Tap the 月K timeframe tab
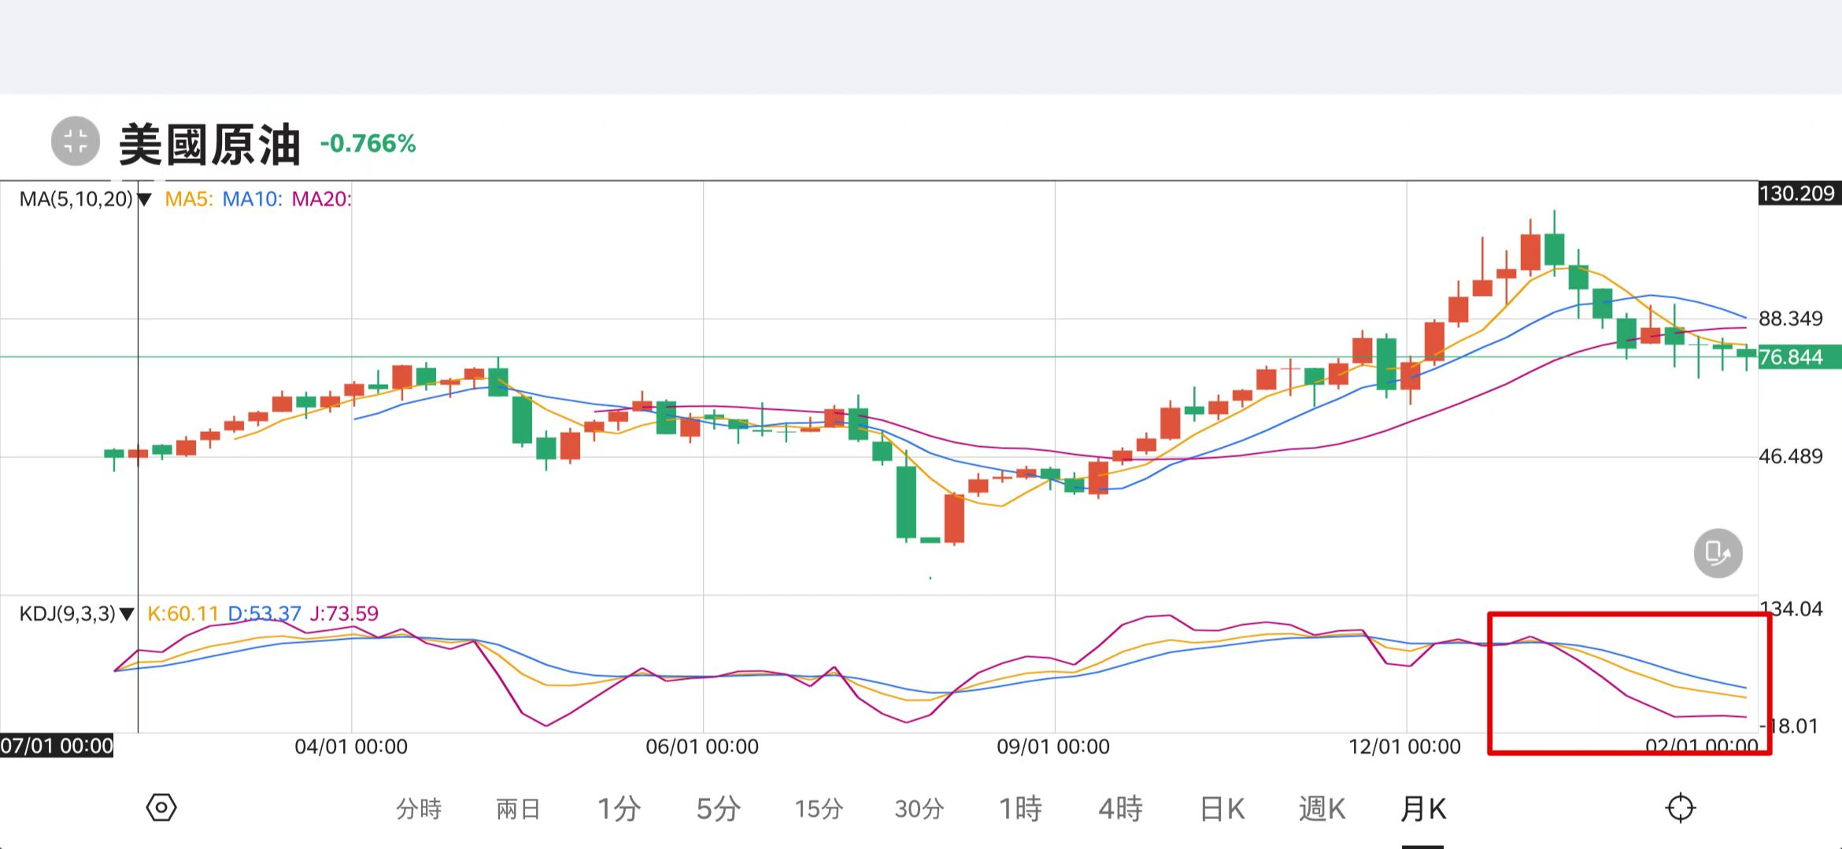1423,808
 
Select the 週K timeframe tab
1322,808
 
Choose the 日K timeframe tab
1222,808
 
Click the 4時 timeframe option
1120,808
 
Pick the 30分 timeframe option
919,808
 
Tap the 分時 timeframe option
419,808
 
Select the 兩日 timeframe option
518,808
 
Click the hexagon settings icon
161,808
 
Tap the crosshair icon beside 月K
1680,808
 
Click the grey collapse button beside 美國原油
76,142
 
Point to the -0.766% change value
368,143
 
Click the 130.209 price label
1796,194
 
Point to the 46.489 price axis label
1791,456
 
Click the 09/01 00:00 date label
1053,747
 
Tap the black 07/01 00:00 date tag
57,746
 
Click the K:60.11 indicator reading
183,614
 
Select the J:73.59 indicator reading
344,614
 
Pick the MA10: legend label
252,199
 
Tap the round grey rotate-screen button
1718,553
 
